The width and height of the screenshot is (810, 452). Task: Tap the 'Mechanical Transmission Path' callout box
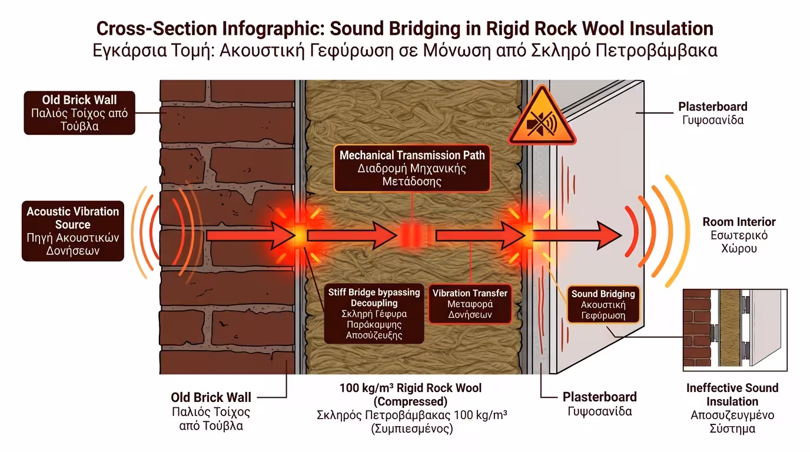(412, 167)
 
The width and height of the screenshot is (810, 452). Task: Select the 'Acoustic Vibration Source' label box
(72, 231)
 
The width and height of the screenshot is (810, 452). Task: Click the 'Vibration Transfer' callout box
(470, 304)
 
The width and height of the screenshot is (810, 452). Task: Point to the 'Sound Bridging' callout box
(603, 304)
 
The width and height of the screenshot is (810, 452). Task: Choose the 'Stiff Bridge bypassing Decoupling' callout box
(374, 313)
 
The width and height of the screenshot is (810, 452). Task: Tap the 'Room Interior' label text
(739, 235)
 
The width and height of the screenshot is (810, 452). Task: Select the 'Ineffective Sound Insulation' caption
(732, 408)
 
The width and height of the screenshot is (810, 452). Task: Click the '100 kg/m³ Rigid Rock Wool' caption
(411, 408)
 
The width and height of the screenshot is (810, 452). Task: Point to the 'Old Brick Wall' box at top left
(79, 112)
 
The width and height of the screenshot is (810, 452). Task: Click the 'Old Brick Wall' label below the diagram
(211, 411)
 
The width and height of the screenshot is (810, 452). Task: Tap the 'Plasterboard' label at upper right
(712, 113)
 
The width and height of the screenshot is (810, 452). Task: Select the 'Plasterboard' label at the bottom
(599, 404)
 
